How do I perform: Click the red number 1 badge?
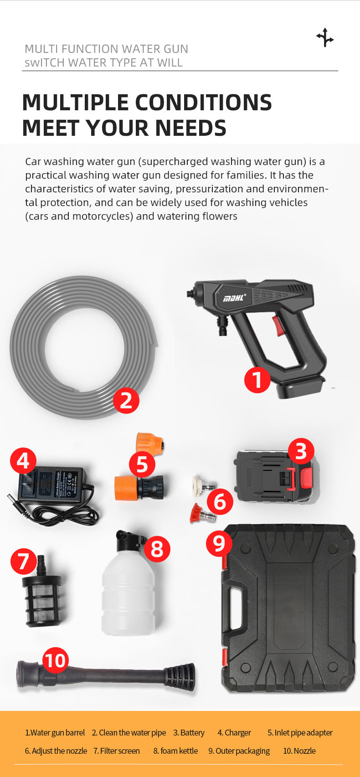click(x=257, y=380)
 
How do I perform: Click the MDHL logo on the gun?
click(x=234, y=298)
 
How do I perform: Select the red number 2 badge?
click(x=126, y=400)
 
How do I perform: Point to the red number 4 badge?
click(x=23, y=461)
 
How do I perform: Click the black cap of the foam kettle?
click(x=127, y=540)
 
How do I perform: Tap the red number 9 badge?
click(x=219, y=543)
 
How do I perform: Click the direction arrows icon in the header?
click(x=325, y=37)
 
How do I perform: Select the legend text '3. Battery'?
click(x=189, y=733)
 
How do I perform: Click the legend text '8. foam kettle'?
click(x=175, y=751)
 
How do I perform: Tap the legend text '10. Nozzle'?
click(x=299, y=751)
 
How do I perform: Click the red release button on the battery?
click(x=307, y=478)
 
